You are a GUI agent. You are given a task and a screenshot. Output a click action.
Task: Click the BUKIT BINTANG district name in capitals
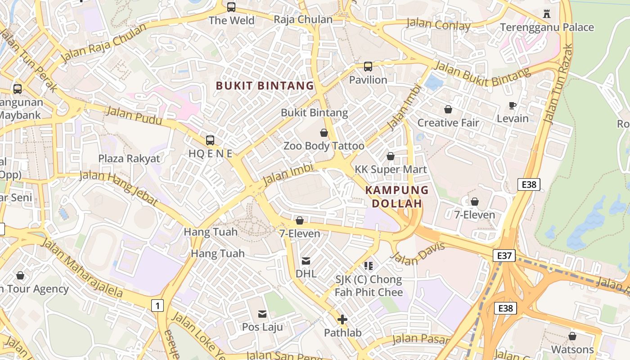(265, 85)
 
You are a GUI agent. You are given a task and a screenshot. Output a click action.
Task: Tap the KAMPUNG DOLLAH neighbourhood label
(396, 197)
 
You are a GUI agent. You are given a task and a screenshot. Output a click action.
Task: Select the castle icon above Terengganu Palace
(547, 14)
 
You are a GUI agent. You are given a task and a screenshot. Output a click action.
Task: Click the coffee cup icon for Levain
(512, 106)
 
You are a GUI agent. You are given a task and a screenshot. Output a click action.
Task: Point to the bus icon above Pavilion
(368, 67)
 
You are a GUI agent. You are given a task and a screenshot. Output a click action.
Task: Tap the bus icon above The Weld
(231, 7)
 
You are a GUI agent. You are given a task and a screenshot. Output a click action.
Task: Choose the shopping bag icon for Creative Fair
(448, 109)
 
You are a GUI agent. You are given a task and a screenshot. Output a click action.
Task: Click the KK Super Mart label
(391, 169)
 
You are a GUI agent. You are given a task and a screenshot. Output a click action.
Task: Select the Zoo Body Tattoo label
(324, 146)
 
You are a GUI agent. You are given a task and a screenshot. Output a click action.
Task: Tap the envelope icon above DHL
(306, 261)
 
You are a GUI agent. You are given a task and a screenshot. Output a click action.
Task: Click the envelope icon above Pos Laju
(262, 314)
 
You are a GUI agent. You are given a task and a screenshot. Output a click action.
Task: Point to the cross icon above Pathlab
(342, 320)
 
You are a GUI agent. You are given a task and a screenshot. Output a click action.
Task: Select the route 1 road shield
(157, 306)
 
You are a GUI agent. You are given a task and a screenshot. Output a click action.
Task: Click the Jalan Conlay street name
(438, 24)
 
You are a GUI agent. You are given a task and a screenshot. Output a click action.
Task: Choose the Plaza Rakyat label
(129, 158)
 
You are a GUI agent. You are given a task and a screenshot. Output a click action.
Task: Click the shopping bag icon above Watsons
(572, 336)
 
